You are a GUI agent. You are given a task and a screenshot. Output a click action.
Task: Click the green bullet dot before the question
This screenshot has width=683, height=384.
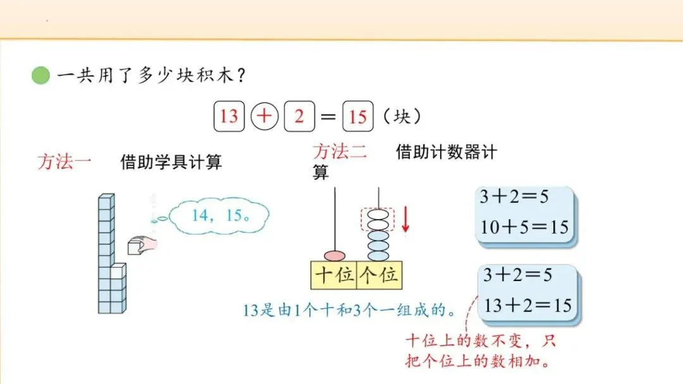(x=40, y=76)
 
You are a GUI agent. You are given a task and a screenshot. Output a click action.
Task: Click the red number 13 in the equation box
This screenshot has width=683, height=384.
(x=229, y=116)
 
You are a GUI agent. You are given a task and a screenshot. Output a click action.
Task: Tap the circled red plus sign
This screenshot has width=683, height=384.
(x=266, y=116)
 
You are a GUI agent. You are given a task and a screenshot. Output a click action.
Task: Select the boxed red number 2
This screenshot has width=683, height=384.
(x=299, y=116)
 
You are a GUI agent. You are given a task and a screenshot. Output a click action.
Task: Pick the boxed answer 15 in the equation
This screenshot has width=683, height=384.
(x=358, y=116)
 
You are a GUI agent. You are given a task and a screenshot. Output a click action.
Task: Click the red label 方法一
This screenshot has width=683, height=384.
(x=64, y=162)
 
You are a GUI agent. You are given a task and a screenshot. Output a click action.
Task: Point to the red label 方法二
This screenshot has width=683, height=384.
(x=340, y=152)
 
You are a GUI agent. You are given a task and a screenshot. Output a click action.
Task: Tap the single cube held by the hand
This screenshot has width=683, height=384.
(x=135, y=246)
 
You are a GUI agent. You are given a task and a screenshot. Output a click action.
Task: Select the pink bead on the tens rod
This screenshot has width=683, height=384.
(x=335, y=256)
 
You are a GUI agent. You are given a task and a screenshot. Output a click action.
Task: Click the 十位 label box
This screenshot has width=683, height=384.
(x=335, y=276)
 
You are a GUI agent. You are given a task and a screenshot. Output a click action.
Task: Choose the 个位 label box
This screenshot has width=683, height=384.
(x=379, y=276)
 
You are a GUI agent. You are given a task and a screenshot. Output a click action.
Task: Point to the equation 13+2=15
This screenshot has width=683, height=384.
(x=527, y=306)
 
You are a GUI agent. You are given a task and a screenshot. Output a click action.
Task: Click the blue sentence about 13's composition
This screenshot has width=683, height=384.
(x=350, y=311)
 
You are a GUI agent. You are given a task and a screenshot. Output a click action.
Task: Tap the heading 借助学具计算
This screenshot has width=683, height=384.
(x=171, y=162)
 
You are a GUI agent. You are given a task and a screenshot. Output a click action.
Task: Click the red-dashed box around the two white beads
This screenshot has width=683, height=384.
(x=378, y=220)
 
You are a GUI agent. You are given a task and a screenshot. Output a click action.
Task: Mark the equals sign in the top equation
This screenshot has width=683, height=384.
(x=328, y=117)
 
